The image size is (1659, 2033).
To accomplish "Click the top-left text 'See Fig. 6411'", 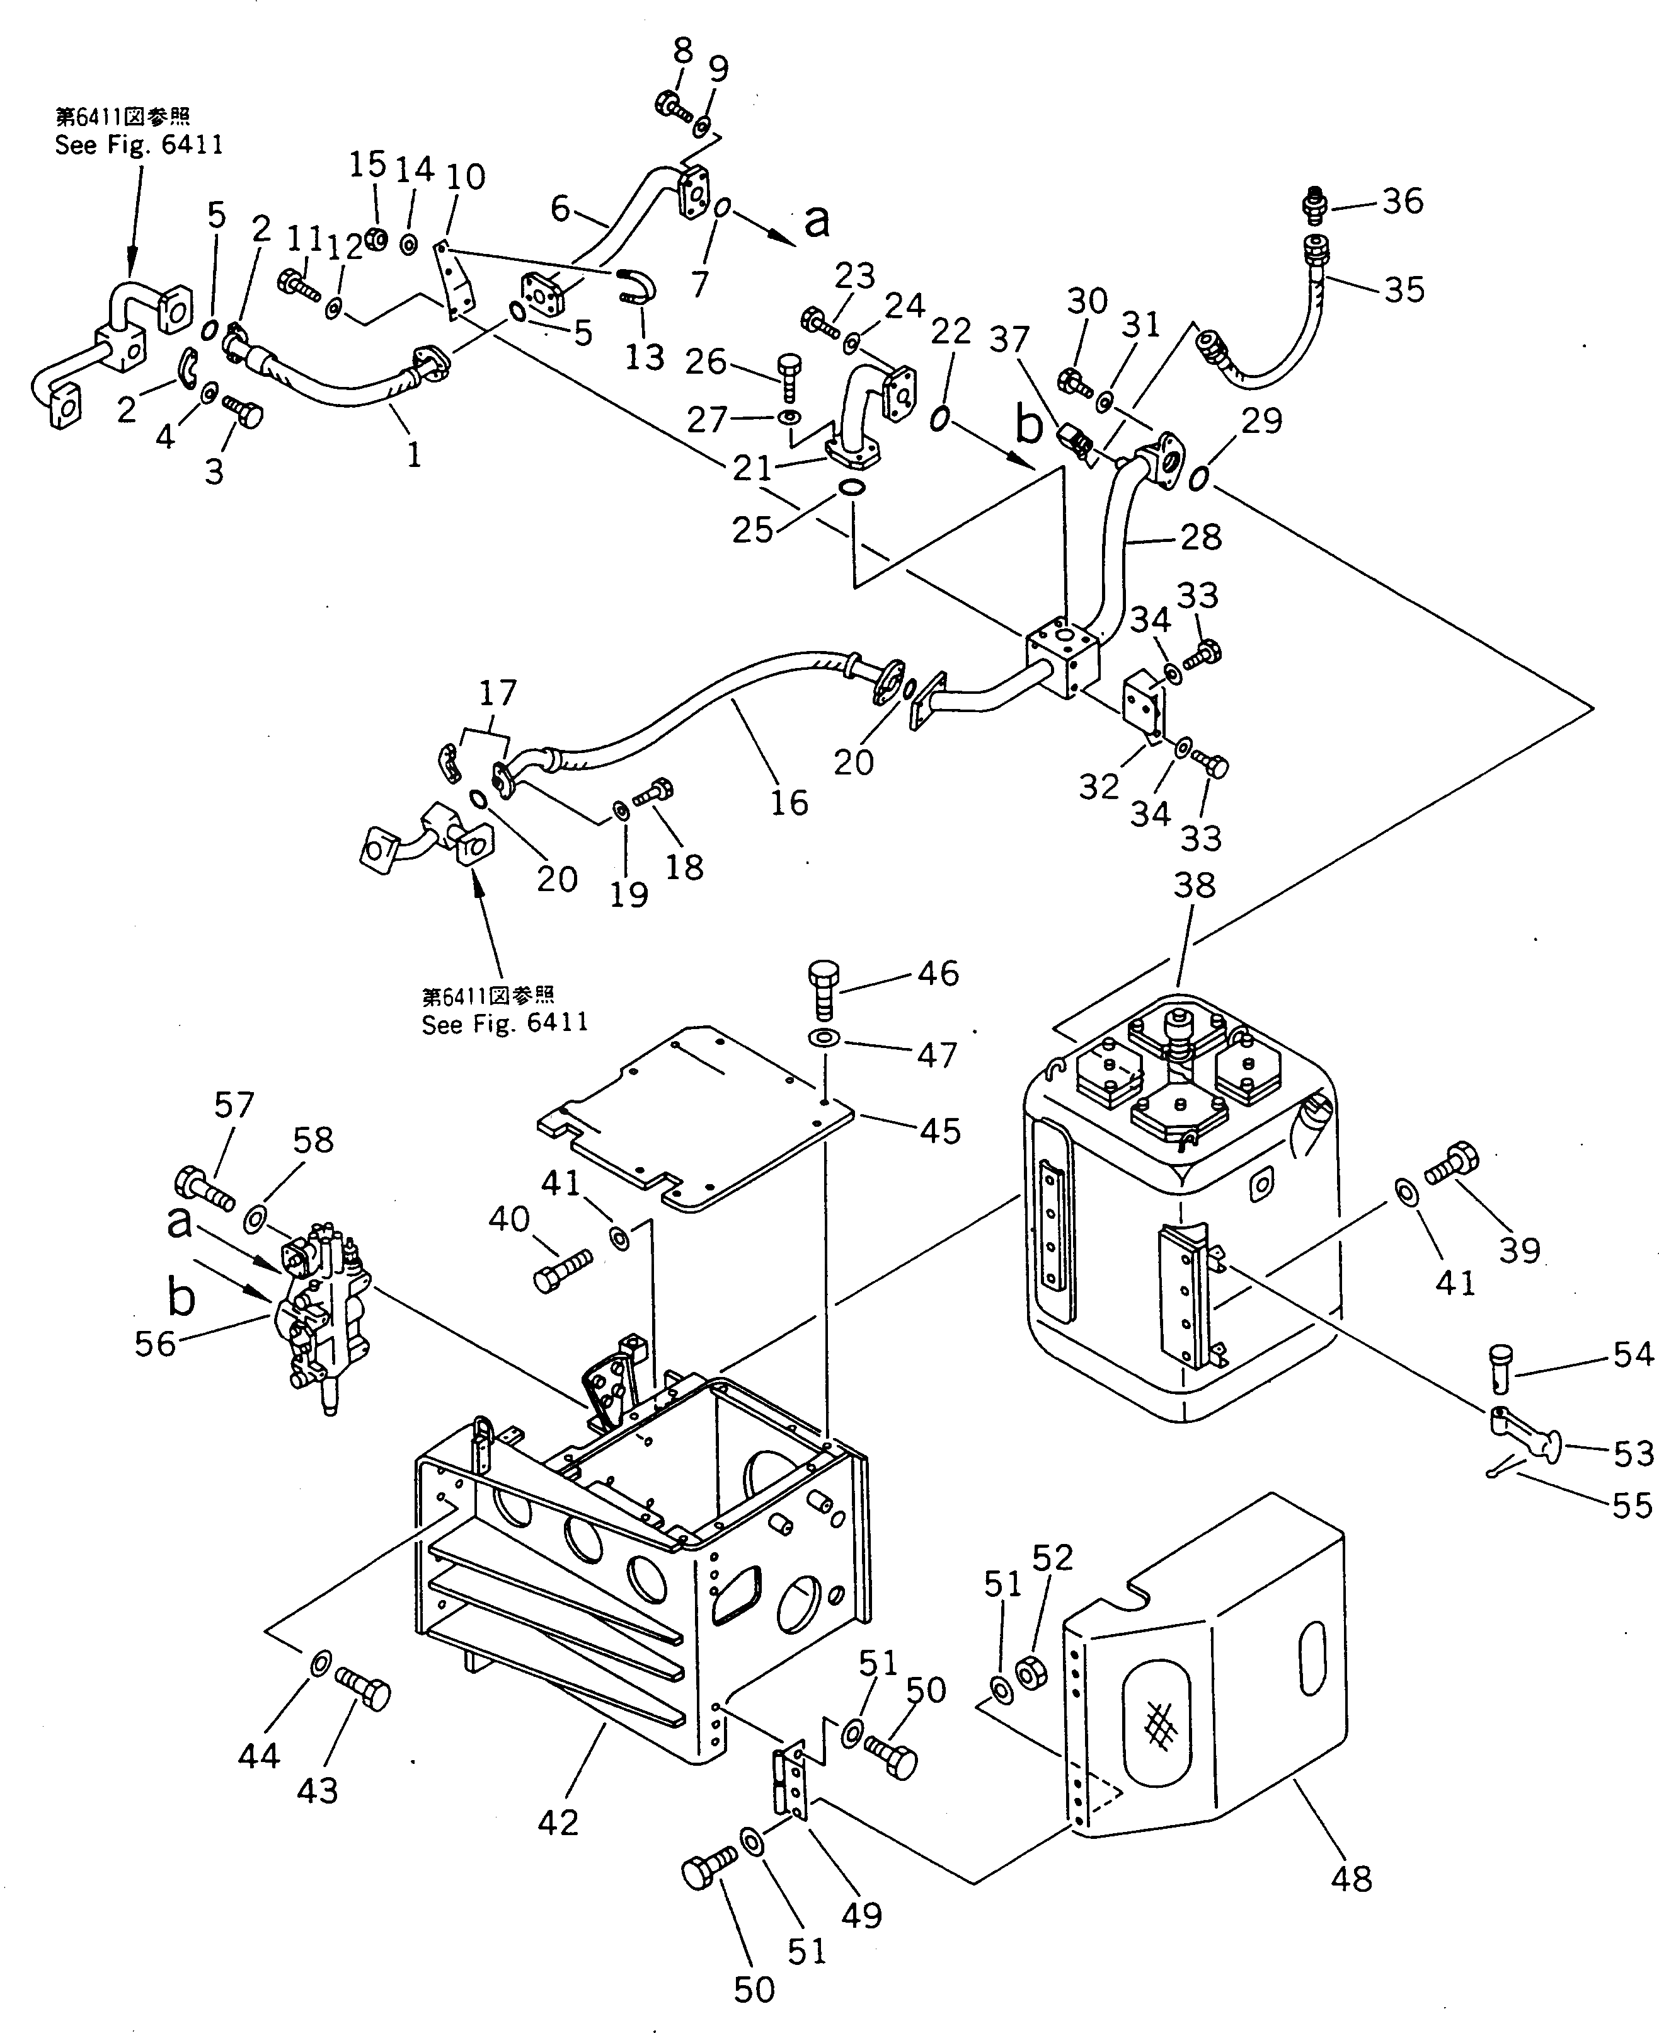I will (139, 146).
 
